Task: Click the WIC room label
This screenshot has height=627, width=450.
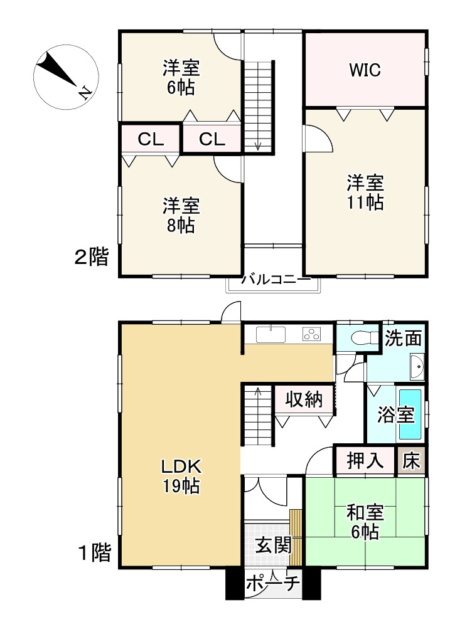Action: [x=365, y=70]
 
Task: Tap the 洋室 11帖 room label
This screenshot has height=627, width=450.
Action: [x=365, y=192]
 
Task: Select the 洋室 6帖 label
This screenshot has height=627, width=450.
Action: [x=181, y=78]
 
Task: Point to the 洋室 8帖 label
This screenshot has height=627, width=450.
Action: [x=181, y=216]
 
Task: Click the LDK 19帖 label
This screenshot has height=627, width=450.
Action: [x=181, y=476]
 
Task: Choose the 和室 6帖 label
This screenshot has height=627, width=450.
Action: [x=365, y=522]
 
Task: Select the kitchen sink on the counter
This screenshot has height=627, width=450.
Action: [x=271, y=334]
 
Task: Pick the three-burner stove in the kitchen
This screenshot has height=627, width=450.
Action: [x=312, y=334]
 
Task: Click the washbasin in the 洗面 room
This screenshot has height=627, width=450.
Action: [x=417, y=367]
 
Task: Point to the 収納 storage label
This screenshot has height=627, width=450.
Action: [x=304, y=399]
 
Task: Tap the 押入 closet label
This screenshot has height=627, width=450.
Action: [x=365, y=460]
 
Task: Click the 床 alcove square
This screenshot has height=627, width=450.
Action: [x=411, y=461]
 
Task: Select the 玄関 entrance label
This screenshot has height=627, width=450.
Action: [x=274, y=545]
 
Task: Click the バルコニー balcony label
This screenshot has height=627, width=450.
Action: [x=276, y=279]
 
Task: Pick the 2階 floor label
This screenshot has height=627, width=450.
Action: [x=91, y=256]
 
